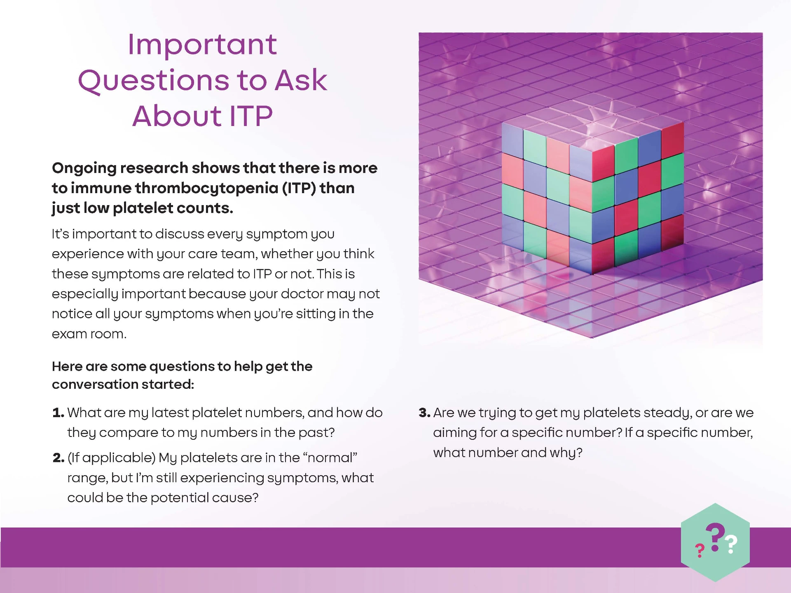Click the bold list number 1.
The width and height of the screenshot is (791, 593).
point(58,413)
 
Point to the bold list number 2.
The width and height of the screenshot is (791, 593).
point(59,458)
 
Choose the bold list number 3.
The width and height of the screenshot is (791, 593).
point(424,413)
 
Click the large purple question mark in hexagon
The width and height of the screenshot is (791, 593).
point(715,537)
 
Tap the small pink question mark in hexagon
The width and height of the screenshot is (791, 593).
point(700,551)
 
